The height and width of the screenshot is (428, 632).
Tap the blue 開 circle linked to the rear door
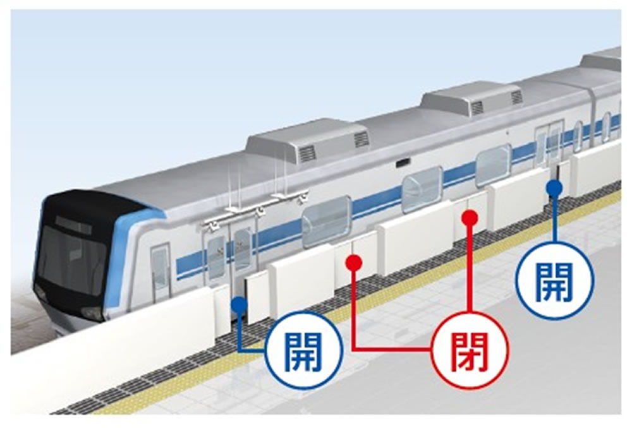[555, 279]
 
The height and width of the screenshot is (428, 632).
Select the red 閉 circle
[469, 349]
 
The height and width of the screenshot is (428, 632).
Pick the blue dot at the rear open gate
[554, 187]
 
